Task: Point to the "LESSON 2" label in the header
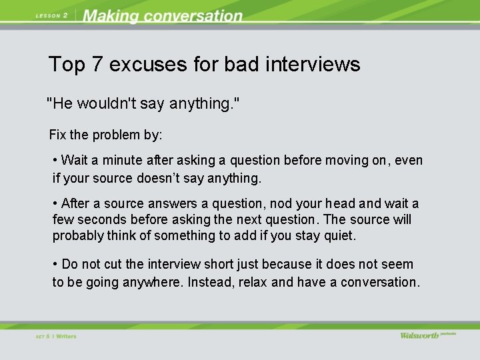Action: point(51,16)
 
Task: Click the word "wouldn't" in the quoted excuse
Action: point(105,104)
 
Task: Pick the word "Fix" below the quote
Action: point(57,135)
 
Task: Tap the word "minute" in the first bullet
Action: point(121,161)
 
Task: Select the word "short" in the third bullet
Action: point(213,265)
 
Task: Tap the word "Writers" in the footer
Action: point(66,337)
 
